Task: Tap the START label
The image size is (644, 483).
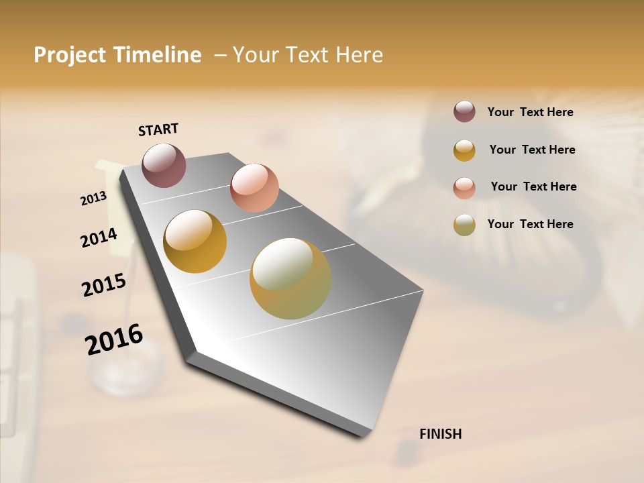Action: tap(158, 129)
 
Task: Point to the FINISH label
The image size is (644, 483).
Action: tap(440, 434)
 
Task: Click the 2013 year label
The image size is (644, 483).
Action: tap(93, 199)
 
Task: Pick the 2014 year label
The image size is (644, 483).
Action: tap(99, 238)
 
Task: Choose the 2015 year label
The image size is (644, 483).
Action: tap(104, 285)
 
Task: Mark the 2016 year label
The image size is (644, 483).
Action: tap(114, 339)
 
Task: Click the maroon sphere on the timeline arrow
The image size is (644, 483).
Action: tap(164, 165)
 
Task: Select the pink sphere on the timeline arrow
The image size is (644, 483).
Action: tap(254, 188)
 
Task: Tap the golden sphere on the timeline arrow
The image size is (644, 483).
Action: tap(195, 241)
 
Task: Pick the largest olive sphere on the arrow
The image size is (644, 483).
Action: tap(290, 278)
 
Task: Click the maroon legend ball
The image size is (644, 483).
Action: tap(464, 111)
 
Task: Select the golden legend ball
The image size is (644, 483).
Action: tap(464, 150)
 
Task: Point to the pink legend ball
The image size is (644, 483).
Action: tap(464, 188)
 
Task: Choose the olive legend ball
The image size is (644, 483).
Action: tap(464, 225)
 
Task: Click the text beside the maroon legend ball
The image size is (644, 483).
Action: tap(530, 112)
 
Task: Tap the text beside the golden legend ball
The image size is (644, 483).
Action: tap(532, 150)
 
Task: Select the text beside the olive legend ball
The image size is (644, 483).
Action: tap(530, 224)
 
